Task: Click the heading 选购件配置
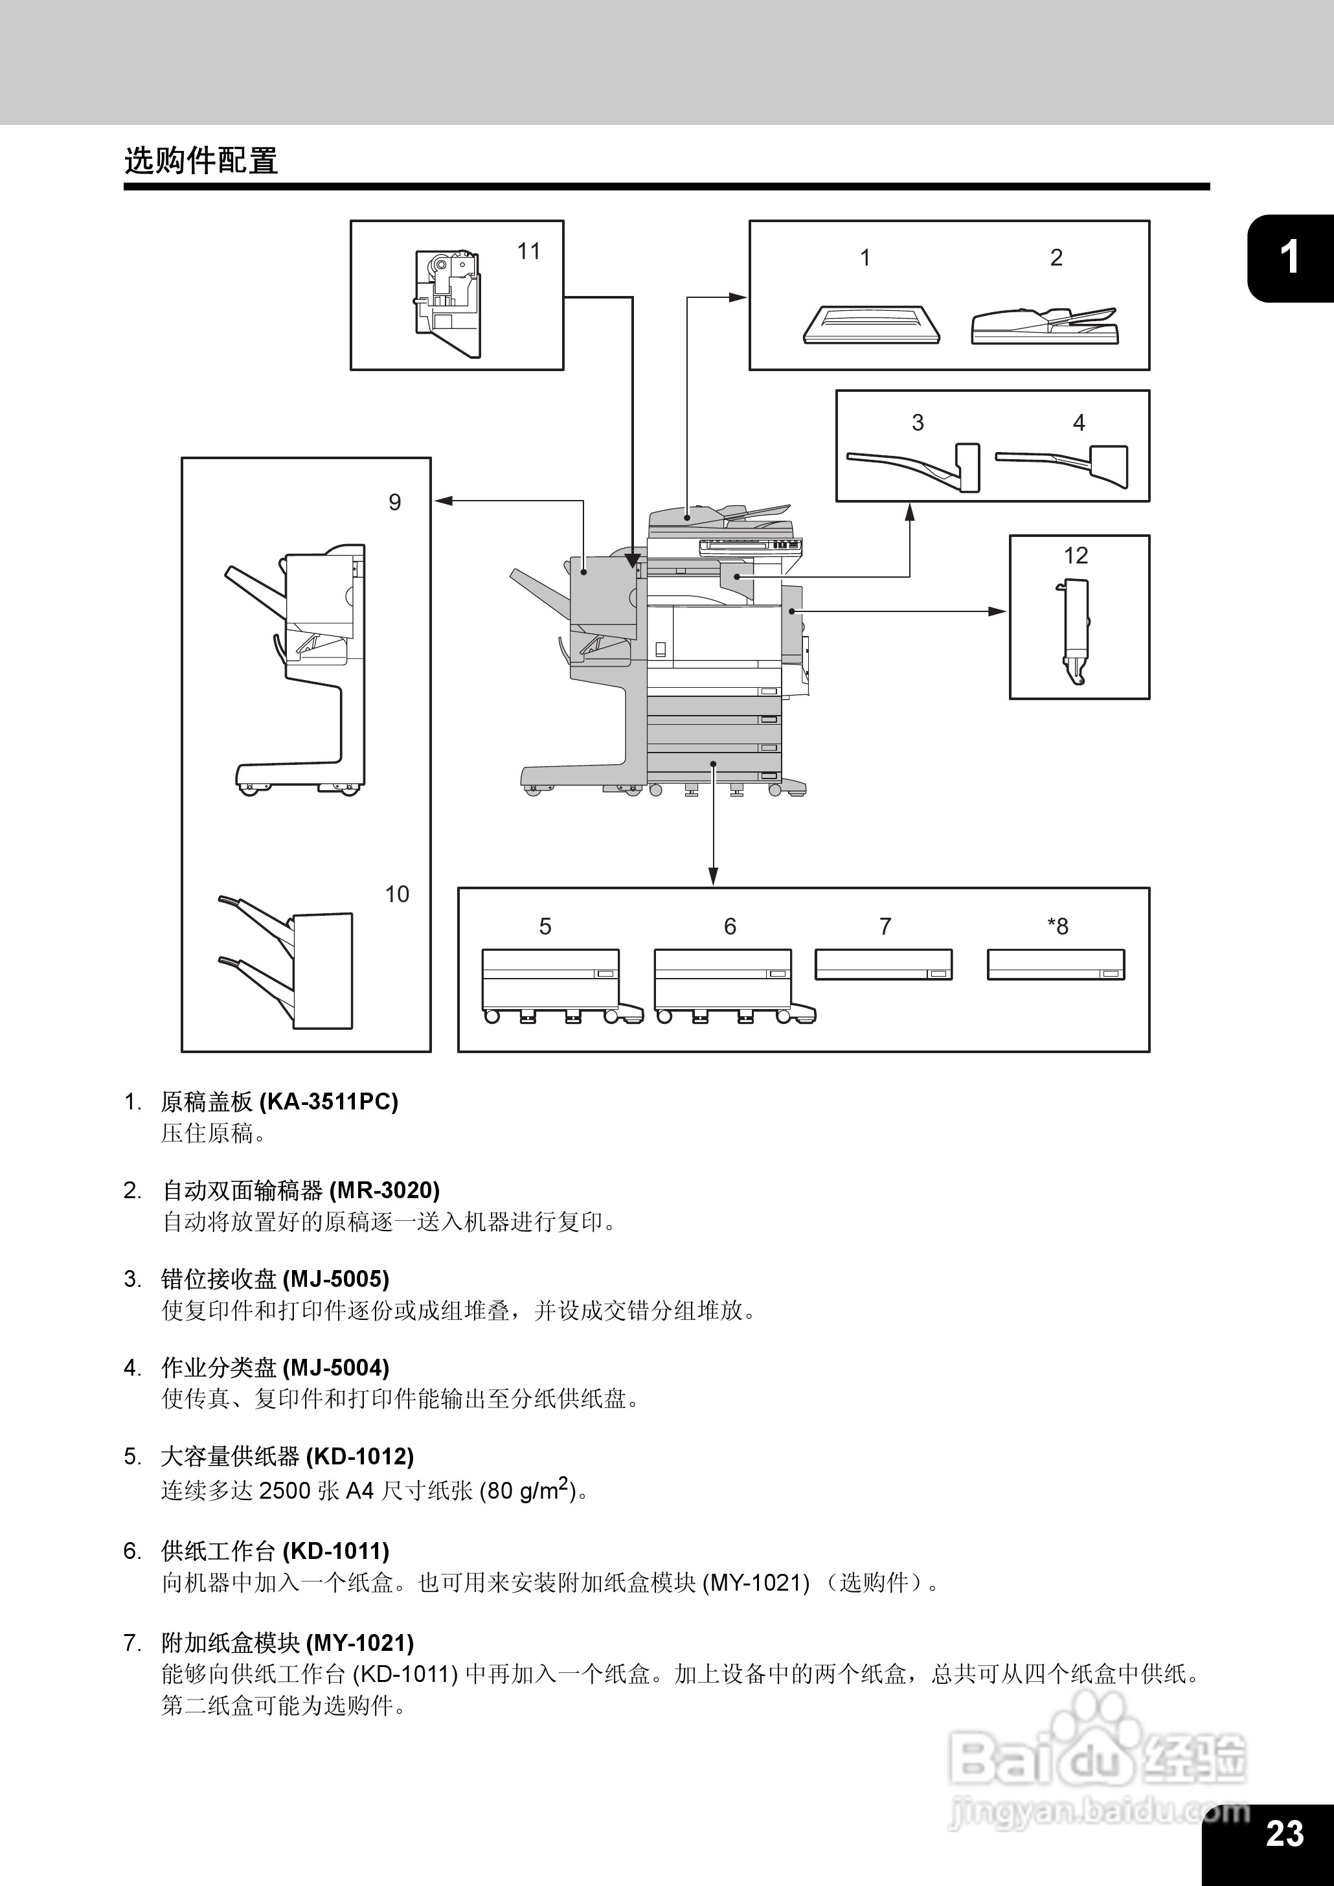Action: click(201, 161)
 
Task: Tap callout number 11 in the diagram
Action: click(528, 251)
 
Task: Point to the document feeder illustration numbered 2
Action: click(1044, 326)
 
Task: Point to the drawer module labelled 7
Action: click(884, 965)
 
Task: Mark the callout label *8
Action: click(1057, 927)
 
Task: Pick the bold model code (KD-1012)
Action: click(360, 1457)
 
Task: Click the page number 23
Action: click(1285, 1833)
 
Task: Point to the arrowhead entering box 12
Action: click(998, 611)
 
